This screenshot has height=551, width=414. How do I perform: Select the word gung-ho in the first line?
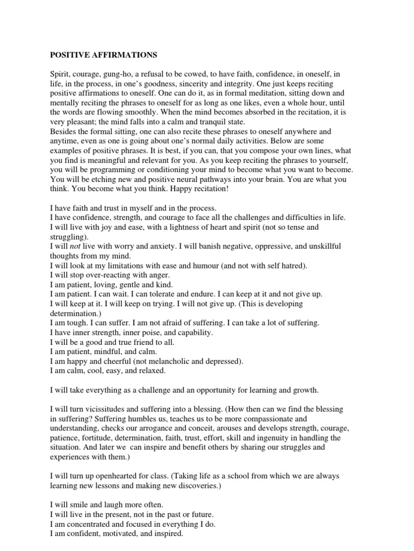(114, 73)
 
